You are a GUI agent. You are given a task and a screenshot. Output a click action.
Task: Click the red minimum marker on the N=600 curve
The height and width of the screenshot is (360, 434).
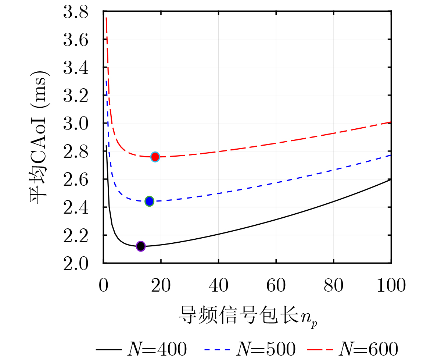[155, 157]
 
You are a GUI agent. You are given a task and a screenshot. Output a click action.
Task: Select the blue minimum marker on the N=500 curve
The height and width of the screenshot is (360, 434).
[149, 201]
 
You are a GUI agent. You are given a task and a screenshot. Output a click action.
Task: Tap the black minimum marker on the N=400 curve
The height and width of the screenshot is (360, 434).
[141, 246]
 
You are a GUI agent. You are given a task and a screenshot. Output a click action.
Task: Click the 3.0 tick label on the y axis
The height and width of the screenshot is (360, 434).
[76, 123]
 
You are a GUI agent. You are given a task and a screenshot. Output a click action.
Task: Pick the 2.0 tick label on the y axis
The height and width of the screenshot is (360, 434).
[76, 263]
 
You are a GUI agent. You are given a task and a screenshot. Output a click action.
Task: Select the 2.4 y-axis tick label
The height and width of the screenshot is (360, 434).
[76, 207]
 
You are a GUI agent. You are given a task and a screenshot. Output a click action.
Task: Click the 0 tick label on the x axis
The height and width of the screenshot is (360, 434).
[104, 285]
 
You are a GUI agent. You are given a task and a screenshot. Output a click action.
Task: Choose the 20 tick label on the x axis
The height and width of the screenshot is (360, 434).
[161, 285]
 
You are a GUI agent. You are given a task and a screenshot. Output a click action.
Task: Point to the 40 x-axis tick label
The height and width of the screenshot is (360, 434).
[218, 285]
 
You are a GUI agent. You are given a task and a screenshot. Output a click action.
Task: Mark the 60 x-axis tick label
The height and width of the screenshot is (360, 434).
[276, 285]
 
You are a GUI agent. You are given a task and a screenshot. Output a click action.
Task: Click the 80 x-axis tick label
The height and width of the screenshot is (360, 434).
[333, 285]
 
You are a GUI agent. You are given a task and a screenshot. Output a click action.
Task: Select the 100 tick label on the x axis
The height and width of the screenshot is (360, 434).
[390, 285]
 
